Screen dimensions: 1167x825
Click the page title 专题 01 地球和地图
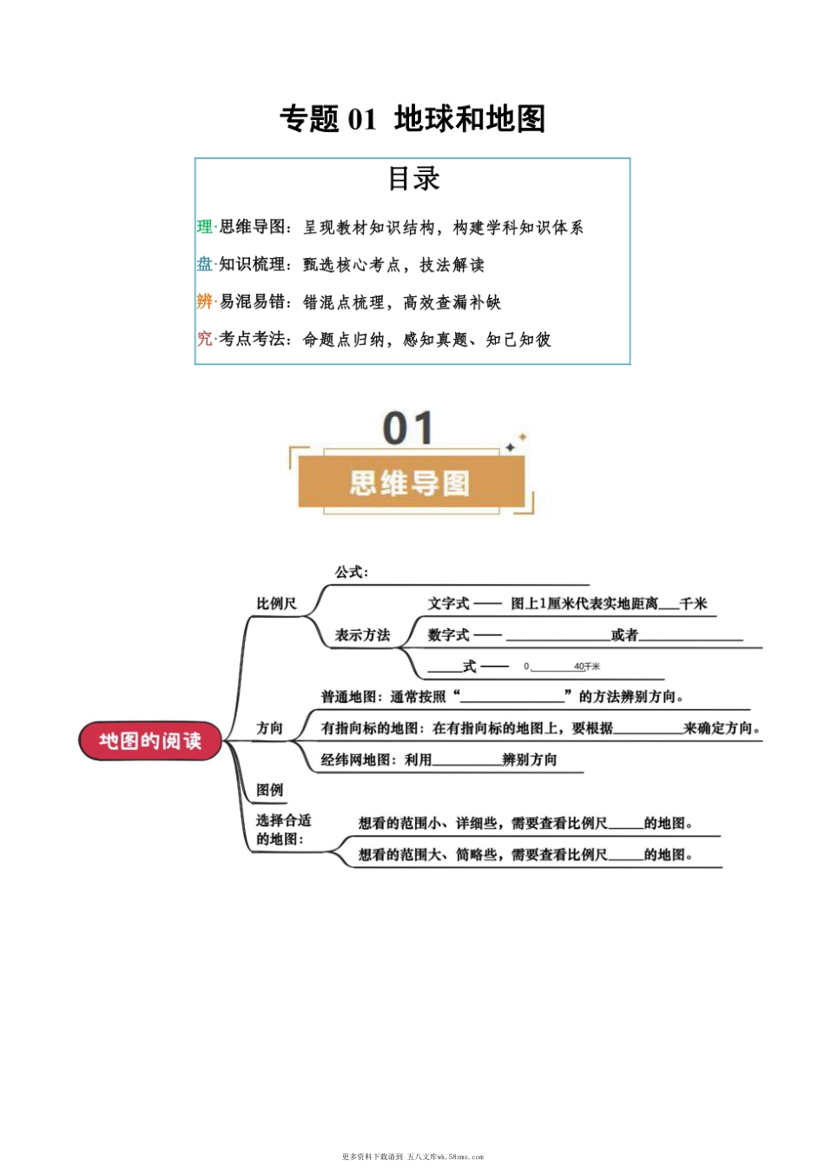pos(412,119)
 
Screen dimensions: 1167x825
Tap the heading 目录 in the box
pos(413,178)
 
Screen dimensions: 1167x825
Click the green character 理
pos(204,227)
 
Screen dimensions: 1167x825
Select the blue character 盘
pos(204,264)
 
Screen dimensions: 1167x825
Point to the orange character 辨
pos(204,302)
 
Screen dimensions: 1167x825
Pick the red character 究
pos(204,339)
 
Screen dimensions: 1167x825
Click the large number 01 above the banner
pos(408,428)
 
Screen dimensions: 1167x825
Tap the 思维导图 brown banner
pos(411,482)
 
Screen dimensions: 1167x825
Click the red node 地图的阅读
pos(151,741)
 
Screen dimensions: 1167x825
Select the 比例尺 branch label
pos(276,603)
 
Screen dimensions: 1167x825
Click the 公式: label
pos(352,572)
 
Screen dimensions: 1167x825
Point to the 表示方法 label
pos(362,635)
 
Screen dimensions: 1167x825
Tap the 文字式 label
pos(448,603)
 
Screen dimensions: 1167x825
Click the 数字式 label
pos(448,635)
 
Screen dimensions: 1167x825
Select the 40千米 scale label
pos(586,666)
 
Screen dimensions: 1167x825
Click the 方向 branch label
pos(269,728)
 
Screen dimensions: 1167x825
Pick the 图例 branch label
pos(269,790)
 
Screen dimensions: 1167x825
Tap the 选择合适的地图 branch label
pos(282,830)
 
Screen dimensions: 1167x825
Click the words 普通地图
pos(348,697)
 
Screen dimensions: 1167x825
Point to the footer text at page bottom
pos(412,1157)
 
